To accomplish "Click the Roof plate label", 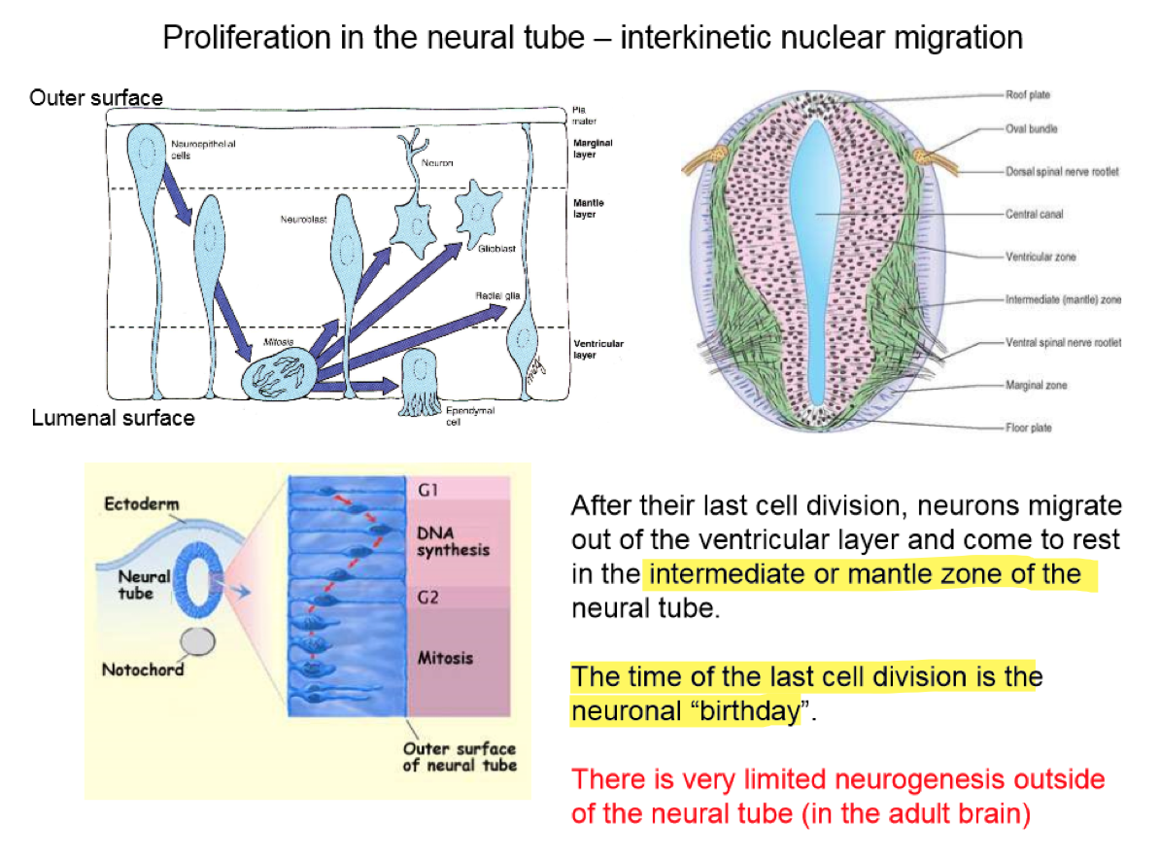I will pyautogui.click(x=1029, y=94).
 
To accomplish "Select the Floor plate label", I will pyautogui.click(x=1029, y=428).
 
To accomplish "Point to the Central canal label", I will pyautogui.click(x=1035, y=214).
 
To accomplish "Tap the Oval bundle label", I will pyautogui.click(x=1032, y=128).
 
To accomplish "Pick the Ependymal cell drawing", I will pyautogui.click(x=421, y=381).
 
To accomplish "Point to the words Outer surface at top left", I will pyautogui.click(x=96, y=97).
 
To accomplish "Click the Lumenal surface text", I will pyautogui.click(x=113, y=418).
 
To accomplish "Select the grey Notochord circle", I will pyautogui.click(x=200, y=641).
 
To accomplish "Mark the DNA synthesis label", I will pyautogui.click(x=452, y=541).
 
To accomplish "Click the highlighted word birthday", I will pyautogui.click(x=750, y=711).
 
